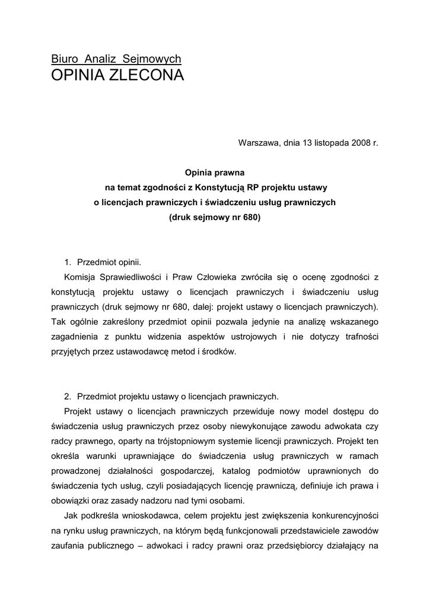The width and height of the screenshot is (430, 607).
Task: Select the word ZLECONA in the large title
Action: (x=145, y=75)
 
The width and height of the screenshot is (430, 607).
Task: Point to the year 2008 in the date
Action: (x=357, y=143)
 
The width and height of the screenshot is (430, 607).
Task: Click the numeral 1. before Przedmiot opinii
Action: (x=68, y=262)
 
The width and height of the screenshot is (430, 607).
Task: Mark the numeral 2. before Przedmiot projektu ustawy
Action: (x=68, y=396)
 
